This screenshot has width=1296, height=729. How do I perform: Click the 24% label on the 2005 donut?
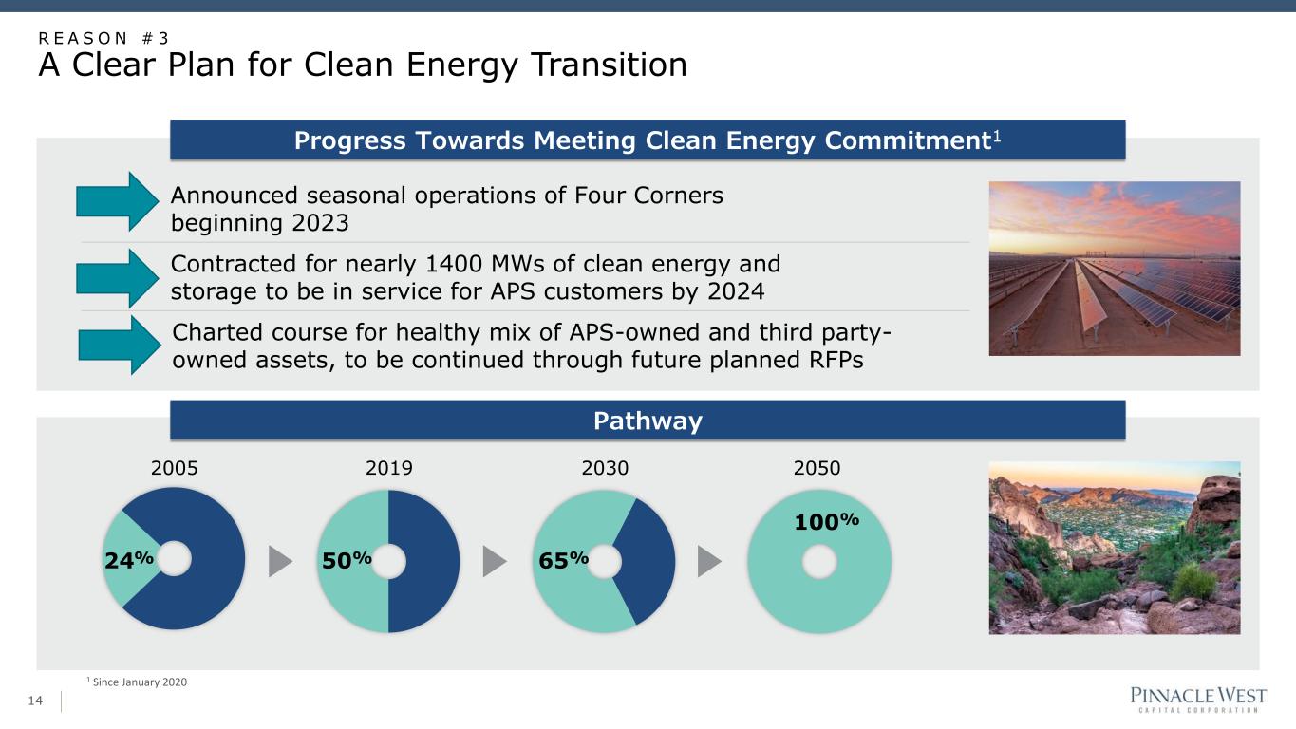coord(129,559)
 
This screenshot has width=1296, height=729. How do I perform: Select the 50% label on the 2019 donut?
coord(347,559)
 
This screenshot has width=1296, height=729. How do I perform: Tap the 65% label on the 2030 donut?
coord(564,559)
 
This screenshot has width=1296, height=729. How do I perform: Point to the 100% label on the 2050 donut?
coord(826,521)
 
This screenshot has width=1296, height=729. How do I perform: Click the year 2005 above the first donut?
coord(174,467)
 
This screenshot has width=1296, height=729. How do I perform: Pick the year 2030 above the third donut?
coord(605,467)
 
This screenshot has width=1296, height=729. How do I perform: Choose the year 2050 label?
coord(817,467)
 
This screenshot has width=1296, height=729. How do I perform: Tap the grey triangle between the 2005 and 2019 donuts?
coord(280,561)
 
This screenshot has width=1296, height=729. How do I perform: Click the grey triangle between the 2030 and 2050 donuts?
coord(709,561)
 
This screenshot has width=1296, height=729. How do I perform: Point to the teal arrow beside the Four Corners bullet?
coord(118,201)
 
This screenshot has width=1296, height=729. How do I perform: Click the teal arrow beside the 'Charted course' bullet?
coord(120,345)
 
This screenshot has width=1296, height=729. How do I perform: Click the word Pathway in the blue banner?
coord(648,421)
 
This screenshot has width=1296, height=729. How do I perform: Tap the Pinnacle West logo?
coord(1198,699)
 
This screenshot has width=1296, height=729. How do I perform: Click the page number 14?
coord(35,701)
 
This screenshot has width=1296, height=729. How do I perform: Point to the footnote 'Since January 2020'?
coord(140,682)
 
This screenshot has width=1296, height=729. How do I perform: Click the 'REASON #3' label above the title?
coord(103,38)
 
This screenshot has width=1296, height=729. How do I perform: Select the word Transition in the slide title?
coord(609,65)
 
